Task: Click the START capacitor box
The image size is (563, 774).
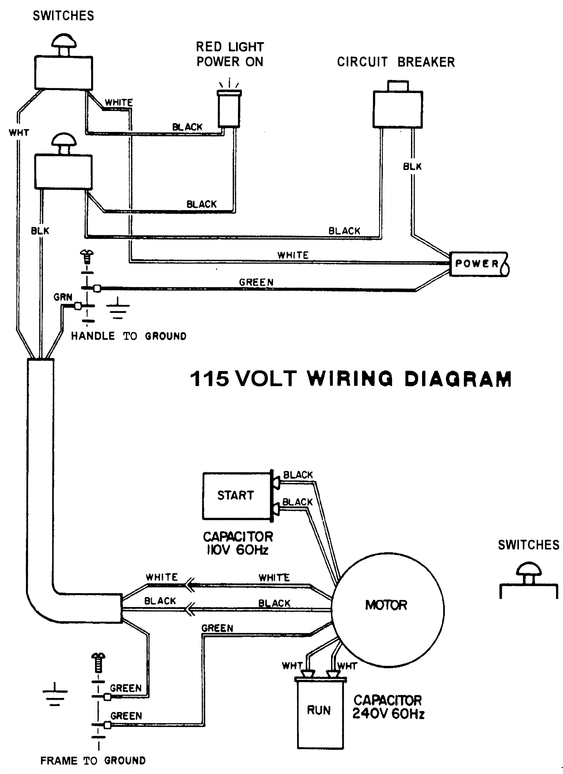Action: pyautogui.click(x=236, y=496)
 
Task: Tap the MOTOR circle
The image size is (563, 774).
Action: pyautogui.click(x=387, y=605)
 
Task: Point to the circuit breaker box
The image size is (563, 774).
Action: pyautogui.click(x=398, y=109)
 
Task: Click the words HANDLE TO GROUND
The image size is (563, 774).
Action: pyautogui.click(x=128, y=336)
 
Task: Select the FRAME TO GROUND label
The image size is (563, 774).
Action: pyautogui.click(x=93, y=761)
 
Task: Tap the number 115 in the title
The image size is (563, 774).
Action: pyautogui.click(x=209, y=379)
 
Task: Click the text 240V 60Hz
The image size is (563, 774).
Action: pyautogui.click(x=388, y=714)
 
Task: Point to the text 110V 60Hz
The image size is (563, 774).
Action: pyautogui.click(x=238, y=550)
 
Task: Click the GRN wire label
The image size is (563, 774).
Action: pyautogui.click(x=63, y=297)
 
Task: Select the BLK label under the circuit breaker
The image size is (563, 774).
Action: pyautogui.click(x=412, y=166)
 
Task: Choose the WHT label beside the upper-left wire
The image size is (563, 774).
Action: pyautogui.click(x=19, y=133)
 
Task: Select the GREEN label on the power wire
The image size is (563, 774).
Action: pyautogui.click(x=256, y=282)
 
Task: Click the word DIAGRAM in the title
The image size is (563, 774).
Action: pyautogui.click(x=458, y=379)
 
